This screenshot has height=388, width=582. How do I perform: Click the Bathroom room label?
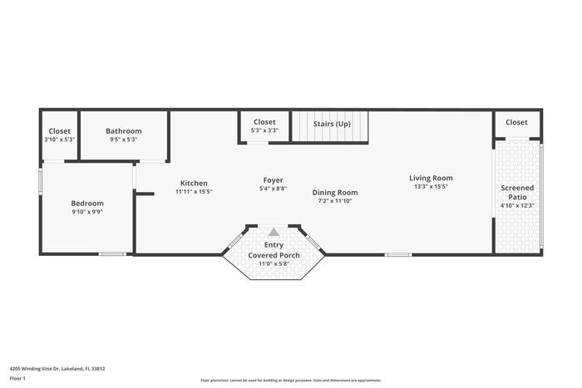click(123, 130)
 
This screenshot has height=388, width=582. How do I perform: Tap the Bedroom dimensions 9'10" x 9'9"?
click(86, 212)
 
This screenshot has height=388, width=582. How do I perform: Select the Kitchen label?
click(194, 183)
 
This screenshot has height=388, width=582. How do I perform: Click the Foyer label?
click(273, 179)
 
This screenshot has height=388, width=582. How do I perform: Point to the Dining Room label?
click(335, 192)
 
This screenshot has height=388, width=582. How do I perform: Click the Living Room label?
click(431, 177)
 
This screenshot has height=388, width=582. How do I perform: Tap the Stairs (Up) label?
click(332, 124)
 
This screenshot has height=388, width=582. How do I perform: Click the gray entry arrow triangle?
click(274, 232)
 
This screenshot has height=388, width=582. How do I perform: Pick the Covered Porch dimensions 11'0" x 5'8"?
click(274, 263)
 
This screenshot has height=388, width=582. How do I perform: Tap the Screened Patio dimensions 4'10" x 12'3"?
click(517, 206)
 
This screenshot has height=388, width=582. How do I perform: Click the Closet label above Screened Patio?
click(516, 122)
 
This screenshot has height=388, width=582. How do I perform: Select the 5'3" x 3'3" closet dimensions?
click(264, 130)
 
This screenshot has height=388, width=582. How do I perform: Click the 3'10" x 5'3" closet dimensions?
click(59, 140)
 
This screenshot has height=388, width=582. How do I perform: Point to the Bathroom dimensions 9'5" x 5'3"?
click(123, 140)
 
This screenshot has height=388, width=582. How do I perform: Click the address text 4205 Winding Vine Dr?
click(57, 368)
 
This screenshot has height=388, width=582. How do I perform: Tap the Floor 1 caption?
click(18, 378)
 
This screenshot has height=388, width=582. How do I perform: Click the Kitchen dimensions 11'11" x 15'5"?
click(194, 192)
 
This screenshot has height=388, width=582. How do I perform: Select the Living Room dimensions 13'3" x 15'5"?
click(431, 186)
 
